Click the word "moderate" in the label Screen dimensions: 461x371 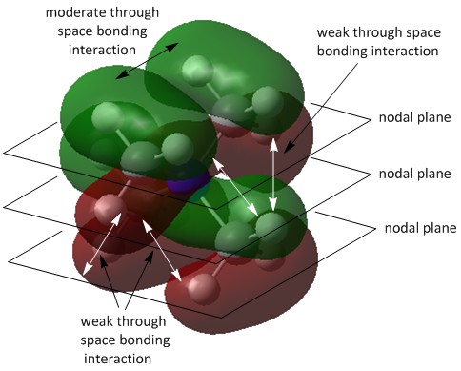tap(73, 12)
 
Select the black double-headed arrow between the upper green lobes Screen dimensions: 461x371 tap(147, 60)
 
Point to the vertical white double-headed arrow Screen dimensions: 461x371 tap(273, 175)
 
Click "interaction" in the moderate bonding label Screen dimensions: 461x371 tap(102, 50)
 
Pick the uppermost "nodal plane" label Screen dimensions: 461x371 tap(415, 117)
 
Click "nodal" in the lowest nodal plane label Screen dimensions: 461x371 tap(399, 228)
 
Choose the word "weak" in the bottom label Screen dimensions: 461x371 tap(95, 321)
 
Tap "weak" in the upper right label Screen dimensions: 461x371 tap(331, 32)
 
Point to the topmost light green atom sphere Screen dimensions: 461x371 tap(198, 71)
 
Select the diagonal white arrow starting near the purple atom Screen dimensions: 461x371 tap(235, 187)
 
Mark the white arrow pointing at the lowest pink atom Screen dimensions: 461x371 tap(162, 250)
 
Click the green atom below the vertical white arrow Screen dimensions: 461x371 tap(271, 226)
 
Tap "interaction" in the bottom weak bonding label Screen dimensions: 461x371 tap(117, 359)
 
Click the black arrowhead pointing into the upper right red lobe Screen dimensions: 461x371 tap(290, 147)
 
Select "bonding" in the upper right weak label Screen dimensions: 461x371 tap(342, 52)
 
